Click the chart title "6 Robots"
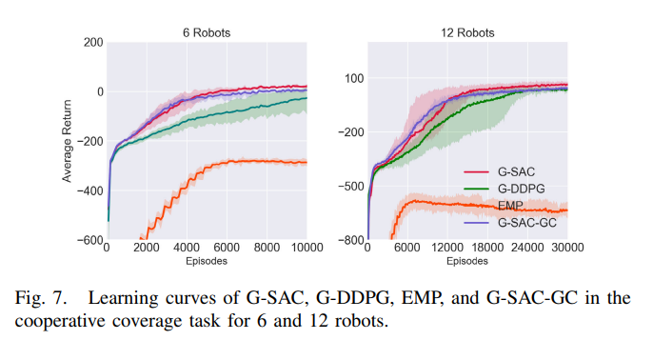[x=207, y=32]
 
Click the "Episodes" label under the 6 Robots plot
[x=207, y=260]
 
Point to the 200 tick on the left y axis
[x=92, y=43]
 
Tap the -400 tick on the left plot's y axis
[x=89, y=190]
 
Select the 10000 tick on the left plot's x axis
[x=306, y=249]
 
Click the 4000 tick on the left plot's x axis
[x=186, y=249]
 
